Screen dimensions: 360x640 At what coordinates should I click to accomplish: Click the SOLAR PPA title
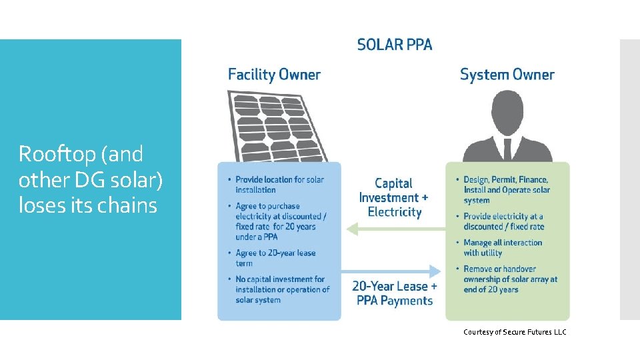(x=395, y=45)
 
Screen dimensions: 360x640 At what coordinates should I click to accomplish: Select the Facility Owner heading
(x=274, y=75)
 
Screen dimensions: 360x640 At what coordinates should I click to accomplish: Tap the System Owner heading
(x=507, y=75)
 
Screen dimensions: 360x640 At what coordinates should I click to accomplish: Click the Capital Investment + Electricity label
(x=394, y=197)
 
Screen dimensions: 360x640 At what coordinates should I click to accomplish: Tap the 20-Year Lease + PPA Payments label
(x=395, y=293)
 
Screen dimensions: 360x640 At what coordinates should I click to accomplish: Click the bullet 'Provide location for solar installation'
(x=279, y=185)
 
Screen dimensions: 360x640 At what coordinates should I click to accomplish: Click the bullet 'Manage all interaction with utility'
(x=503, y=248)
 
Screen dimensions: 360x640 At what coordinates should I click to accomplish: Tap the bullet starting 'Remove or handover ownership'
(x=510, y=279)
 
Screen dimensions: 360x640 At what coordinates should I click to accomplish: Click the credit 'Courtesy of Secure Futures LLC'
(x=515, y=332)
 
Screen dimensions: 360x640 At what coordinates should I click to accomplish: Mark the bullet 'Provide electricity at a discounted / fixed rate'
(x=503, y=221)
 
